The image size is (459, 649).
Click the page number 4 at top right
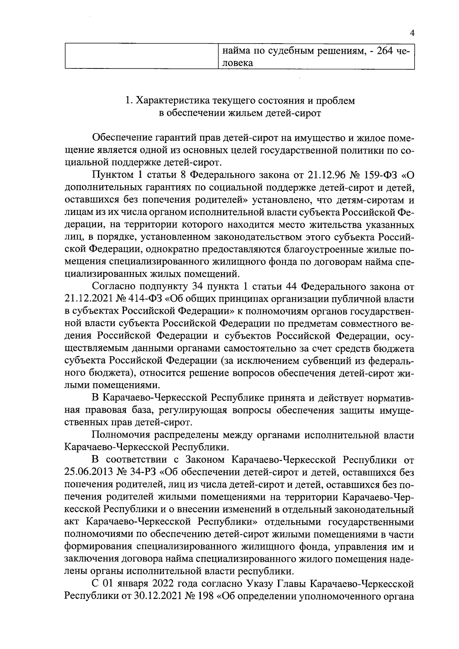pyautogui.click(x=412, y=33)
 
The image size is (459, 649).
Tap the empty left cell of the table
pyautogui.click(x=142, y=57)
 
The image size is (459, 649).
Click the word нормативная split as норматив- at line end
pyautogui.click(x=390, y=399)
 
